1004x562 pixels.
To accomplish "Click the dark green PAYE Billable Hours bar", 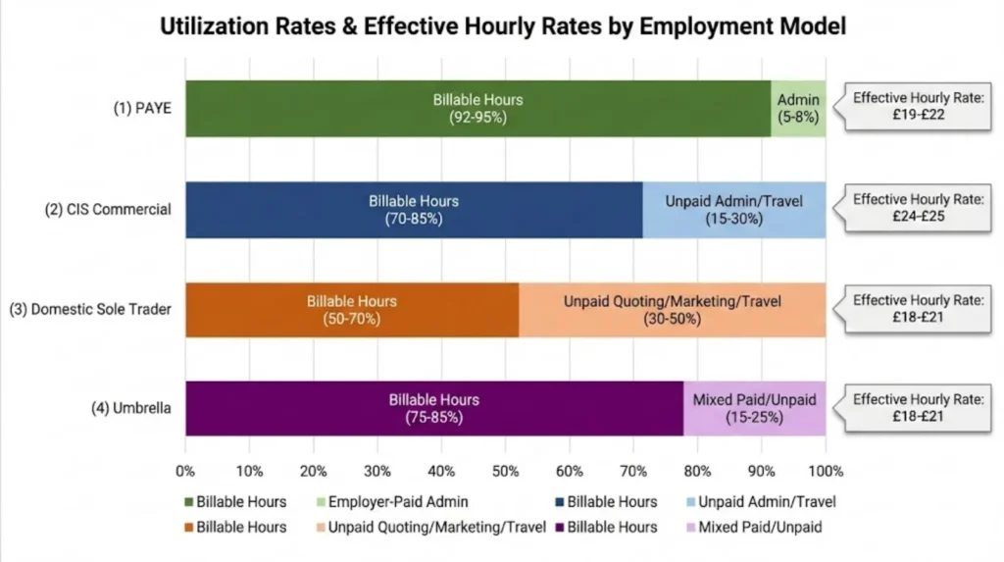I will [477, 108].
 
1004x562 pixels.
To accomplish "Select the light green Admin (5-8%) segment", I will [798, 108].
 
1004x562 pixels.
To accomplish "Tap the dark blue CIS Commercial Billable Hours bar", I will [413, 209].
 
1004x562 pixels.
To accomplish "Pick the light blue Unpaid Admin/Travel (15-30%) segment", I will [733, 209].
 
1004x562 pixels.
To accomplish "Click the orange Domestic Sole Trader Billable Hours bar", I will [351, 310].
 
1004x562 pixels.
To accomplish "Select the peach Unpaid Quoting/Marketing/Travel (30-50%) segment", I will [672, 310].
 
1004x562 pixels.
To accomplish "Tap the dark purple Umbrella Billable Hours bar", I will [433, 408].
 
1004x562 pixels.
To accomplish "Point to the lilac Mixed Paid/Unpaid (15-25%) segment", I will [754, 408].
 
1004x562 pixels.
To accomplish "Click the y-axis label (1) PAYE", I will [142, 108].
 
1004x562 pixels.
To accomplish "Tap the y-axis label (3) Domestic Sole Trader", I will [90, 310].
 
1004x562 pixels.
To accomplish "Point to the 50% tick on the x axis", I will [505, 470].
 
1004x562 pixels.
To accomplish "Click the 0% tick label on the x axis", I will [185, 470].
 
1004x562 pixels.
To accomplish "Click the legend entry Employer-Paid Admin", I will [397, 502].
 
